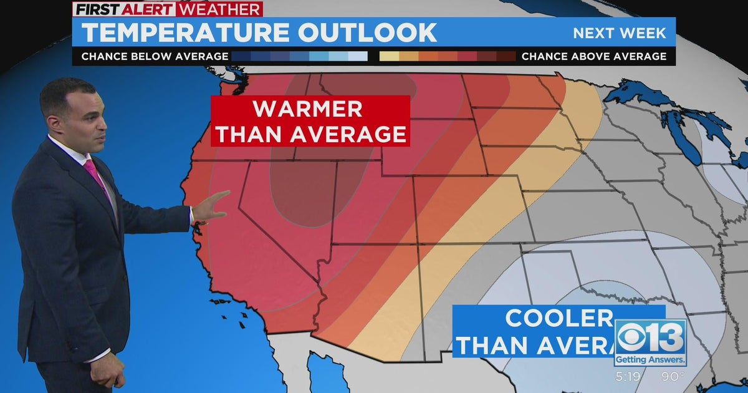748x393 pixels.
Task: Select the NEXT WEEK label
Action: coord(620,33)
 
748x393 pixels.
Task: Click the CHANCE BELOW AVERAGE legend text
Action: coord(155,57)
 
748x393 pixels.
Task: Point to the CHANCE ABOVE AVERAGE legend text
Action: coord(594,57)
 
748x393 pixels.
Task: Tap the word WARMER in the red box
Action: coord(307,109)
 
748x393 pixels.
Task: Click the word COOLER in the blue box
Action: coord(559,318)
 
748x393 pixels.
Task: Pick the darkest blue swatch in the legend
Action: coord(241,57)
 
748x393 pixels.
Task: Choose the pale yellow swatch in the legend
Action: coord(390,57)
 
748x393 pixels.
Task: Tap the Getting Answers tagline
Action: coord(650,360)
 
